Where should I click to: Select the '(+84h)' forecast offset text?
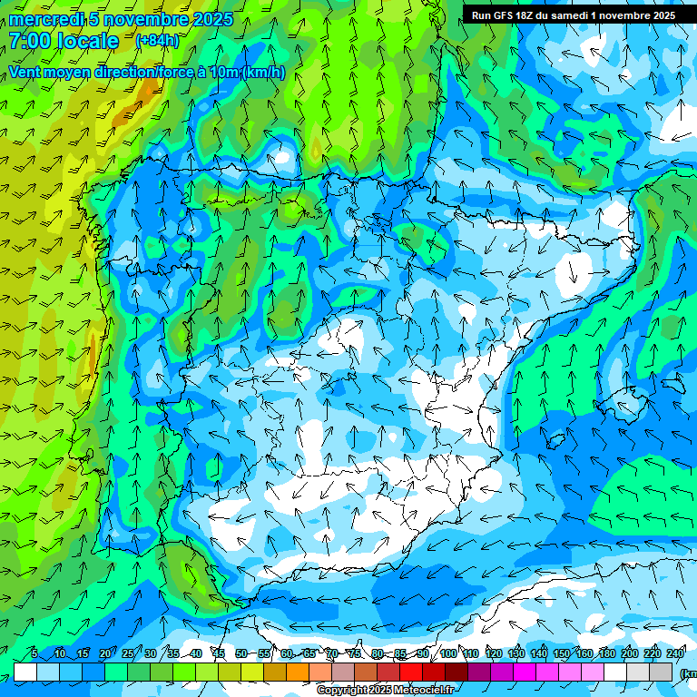tap(157, 41)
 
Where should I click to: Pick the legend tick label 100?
tap(448, 654)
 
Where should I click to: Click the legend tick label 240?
tap(675, 654)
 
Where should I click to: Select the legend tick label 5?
tap(34, 654)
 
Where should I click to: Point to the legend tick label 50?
tap(241, 654)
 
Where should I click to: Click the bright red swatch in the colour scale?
tap(411, 672)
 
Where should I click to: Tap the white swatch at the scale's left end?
tap(25, 672)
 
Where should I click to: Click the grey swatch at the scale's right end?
tap(661, 672)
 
